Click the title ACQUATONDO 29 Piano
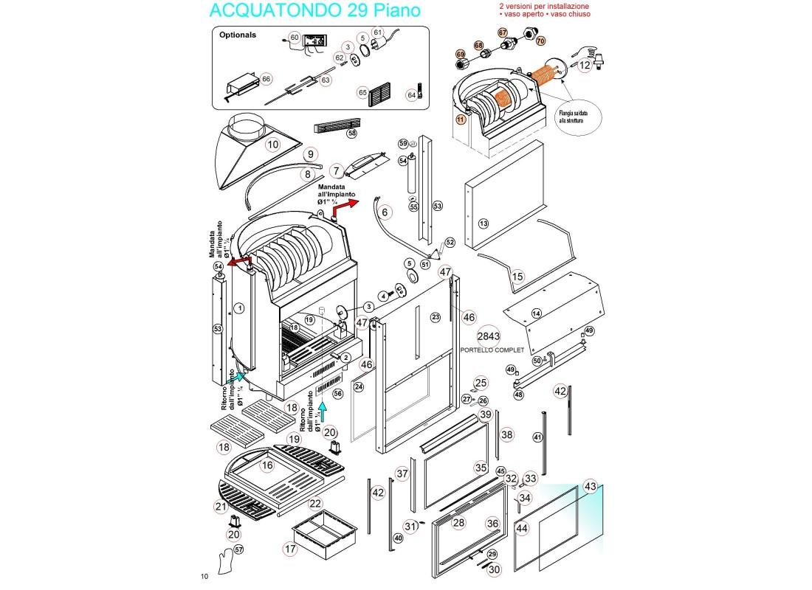(x=315, y=11)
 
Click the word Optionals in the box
(x=237, y=35)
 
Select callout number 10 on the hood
(x=273, y=145)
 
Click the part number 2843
(x=489, y=336)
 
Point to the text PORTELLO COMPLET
(x=492, y=351)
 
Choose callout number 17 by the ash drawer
(x=290, y=549)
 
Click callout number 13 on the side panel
(x=484, y=223)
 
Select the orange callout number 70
(x=540, y=41)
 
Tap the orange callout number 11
(x=461, y=118)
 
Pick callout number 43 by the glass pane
(x=590, y=487)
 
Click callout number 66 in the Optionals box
(x=266, y=79)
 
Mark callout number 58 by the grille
(x=352, y=133)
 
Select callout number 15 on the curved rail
(x=517, y=277)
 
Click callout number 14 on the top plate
(x=537, y=313)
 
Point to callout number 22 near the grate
(x=315, y=504)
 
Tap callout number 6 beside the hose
(x=385, y=212)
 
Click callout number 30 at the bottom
(x=495, y=569)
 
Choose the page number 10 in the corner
(x=204, y=575)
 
